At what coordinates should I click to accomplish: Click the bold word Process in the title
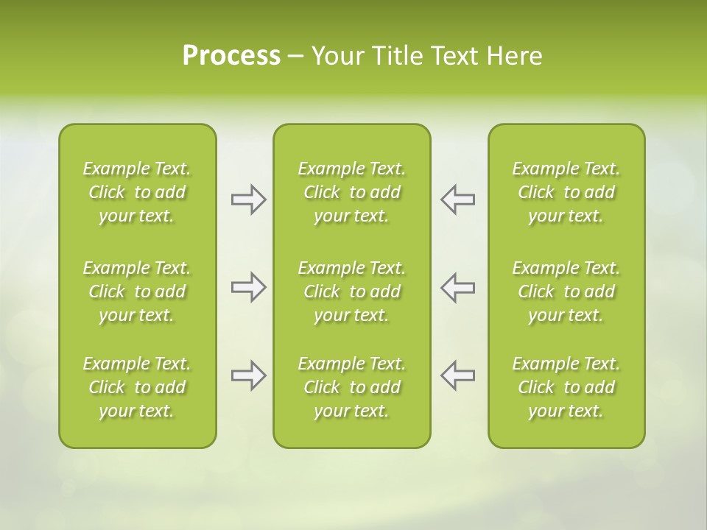pos(231,56)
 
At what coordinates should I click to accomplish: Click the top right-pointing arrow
pos(248,199)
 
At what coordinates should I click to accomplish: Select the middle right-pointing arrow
pos(248,287)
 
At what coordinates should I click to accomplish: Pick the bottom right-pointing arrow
pos(248,375)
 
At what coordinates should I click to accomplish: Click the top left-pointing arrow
pos(457,199)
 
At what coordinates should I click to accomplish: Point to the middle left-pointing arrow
pos(457,287)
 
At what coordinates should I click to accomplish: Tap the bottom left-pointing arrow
pos(457,375)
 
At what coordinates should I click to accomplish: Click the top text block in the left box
pos(137,192)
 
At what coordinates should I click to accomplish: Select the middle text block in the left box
pos(137,291)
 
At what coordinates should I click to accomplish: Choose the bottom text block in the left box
pos(137,387)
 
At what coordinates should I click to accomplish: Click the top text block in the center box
pos(352,192)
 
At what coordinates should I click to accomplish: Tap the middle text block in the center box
pos(352,291)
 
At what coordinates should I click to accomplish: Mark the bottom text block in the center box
pos(352,387)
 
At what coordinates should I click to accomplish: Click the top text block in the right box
pos(566,192)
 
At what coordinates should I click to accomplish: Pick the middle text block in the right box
pos(566,291)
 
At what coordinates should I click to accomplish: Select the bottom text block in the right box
pos(566,387)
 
